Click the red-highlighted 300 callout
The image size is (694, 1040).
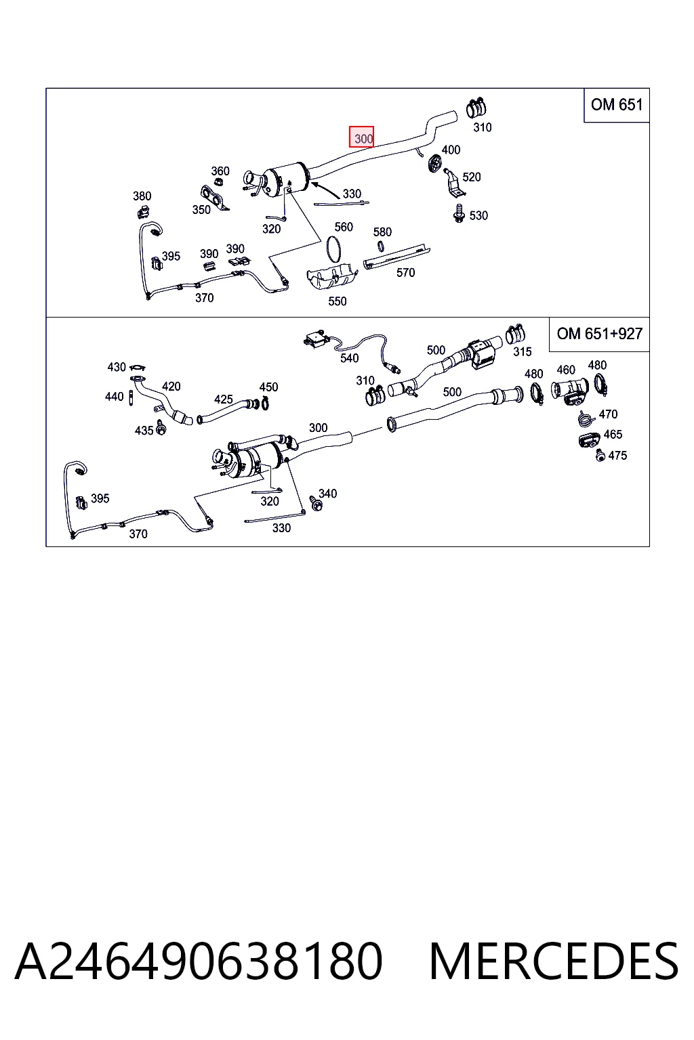(362, 137)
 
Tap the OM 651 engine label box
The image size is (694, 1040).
(616, 105)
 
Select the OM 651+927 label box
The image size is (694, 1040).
(599, 334)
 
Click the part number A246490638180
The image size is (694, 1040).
(199, 961)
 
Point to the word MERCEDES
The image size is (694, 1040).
(554, 961)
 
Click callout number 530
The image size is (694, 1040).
(478, 215)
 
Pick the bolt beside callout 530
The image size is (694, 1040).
(460, 214)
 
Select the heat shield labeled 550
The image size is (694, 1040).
(332, 278)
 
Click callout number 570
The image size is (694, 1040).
(405, 273)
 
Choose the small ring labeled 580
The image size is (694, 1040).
(380, 246)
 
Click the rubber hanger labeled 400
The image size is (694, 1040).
(435, 163)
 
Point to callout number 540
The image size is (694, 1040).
(350, 358)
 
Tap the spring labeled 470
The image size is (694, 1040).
(587, 418)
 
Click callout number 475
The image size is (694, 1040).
(618, 456)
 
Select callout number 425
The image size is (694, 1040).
(223, 399)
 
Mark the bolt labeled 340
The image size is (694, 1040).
(316, 504)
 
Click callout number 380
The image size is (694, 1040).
(142, 196)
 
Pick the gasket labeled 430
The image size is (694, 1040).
(137, 368)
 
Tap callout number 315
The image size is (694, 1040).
(523, 352)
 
